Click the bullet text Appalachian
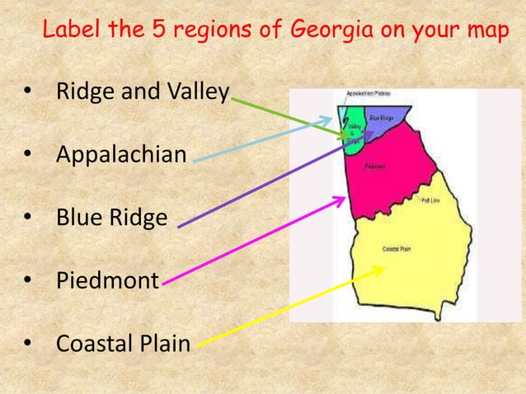coord(121,154)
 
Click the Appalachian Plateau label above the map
coord(356,94)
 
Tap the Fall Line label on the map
coord(430,200)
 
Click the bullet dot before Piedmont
coord(30,281)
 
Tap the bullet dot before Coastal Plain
coord(30,343)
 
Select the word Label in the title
coord(68,32)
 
